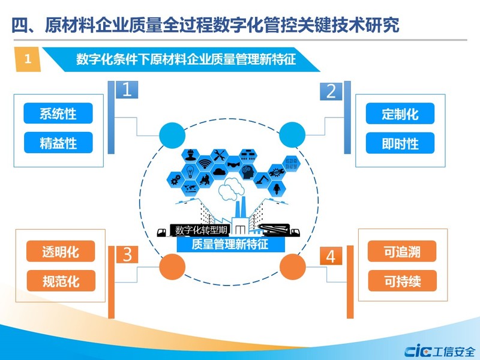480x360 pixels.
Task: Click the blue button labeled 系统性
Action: (x=58, y=113)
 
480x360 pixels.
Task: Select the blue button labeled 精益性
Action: (x=58, y=142)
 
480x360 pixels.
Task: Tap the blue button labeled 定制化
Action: (x=400, y=113)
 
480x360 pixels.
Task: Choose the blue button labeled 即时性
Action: (x=400, y=142)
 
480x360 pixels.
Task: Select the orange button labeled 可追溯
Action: (x=402, y=251)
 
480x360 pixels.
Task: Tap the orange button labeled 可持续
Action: (x=402, y=280)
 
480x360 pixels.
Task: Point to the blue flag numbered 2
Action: (x=331, y=91)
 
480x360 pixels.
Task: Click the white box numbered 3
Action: (x=127, y=254)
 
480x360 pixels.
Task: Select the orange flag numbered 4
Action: (x=331, y=256)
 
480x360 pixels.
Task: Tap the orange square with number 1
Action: (x=28, y=59)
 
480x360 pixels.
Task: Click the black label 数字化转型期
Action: (x=200, y=230)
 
